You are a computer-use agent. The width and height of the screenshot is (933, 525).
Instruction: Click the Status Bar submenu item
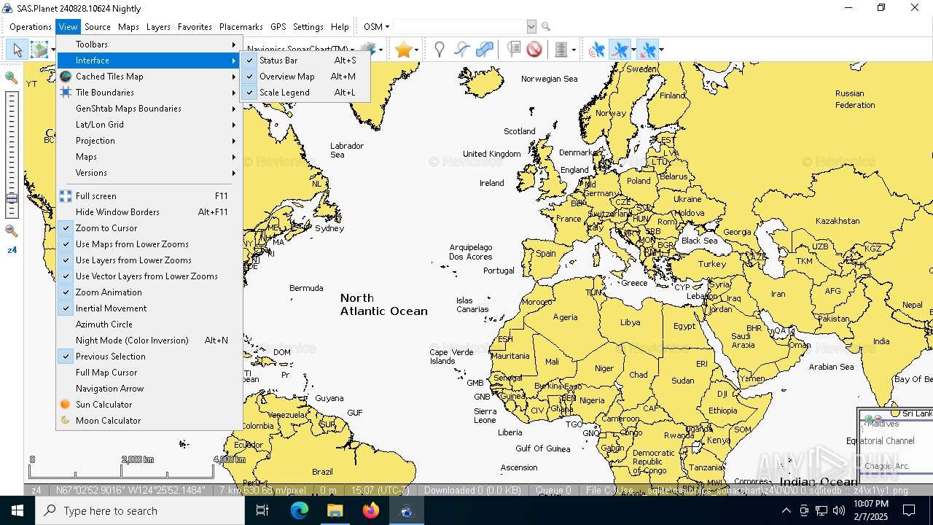[x=278, y=61]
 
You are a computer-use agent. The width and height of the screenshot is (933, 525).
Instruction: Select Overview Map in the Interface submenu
[x=286, y=77]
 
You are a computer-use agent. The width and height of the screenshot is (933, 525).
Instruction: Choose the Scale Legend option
[x=284, y=93]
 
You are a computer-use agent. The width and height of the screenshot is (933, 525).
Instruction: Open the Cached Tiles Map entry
[x=109, y=77]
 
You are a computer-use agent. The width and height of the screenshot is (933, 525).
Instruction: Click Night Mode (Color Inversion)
[x=132, y=341]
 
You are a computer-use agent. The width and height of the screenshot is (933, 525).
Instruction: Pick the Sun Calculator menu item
[x=104, y=405]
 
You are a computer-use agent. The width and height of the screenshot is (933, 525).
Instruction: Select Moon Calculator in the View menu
[x=108, y=421]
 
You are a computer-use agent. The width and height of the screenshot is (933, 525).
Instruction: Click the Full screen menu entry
[x=95, y=196]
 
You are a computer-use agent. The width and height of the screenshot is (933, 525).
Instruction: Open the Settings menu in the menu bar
[x=308, y=27]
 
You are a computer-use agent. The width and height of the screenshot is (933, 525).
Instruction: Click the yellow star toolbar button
[x=403, y=50]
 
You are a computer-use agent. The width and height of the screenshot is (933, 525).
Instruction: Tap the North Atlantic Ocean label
[x=383, y=304]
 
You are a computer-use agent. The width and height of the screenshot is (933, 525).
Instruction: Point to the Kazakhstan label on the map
[x=838, y=221]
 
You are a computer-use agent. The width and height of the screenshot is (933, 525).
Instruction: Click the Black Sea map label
[x=699, y=241]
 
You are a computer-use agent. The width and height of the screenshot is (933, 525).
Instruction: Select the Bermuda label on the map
[x=306, y=288]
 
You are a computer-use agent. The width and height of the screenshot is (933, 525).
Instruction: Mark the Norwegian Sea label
[x=549, y=79]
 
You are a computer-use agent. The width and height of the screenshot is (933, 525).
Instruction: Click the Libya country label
[x=630, y=322]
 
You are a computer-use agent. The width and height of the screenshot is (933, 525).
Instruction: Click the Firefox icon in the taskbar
[x=371, y=510]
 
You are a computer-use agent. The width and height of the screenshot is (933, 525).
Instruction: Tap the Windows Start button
[x=17, y=510]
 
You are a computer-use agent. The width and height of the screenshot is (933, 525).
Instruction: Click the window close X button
[x=915, y=8]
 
